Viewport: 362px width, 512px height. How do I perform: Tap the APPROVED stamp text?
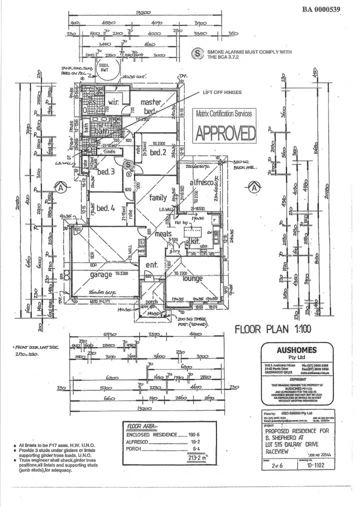(x=224, y=132)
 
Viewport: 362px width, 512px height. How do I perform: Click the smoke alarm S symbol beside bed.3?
(x=128, y=164)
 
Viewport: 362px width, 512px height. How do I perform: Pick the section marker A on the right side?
(x=255, y=187)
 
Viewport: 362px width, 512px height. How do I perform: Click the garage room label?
(x=101, y=274)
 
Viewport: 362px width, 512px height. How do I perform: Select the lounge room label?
(x=192, y=278)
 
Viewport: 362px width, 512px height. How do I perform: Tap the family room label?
(x=158, y=197)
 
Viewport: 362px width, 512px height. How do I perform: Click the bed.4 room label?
(x=106, y=208)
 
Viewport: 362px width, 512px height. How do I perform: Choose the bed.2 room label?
(x=157, y=152)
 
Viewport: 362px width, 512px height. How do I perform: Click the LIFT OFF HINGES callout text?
(x=222, y=92)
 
